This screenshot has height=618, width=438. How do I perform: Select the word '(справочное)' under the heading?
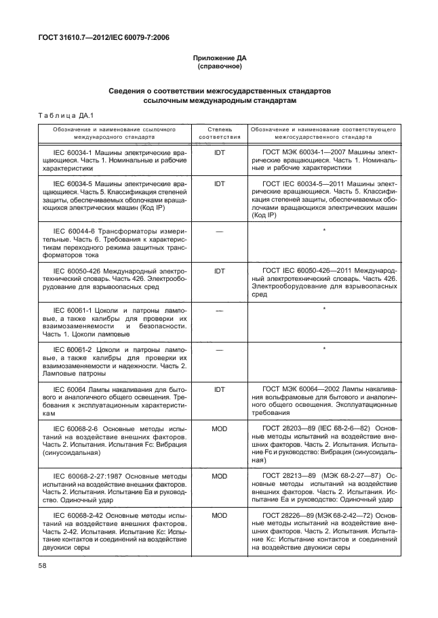pyautogui.click(x=219, y=68)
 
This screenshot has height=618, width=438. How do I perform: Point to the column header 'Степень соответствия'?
pyautogui.click(x=219, y=131)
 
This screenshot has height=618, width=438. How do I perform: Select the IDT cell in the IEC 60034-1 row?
pyautogui.click(x=219, y=152)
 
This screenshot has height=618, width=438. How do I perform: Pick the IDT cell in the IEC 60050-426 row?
pyautogui.click(x=219, y=270)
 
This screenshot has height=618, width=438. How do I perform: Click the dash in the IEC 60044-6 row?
pyautogui.click(x=219, y=231)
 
